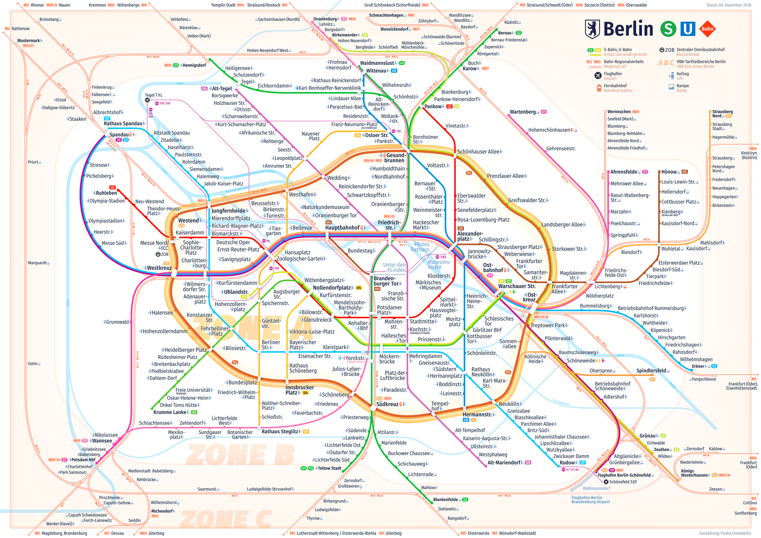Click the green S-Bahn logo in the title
pyautogui.click(x=668, y=29)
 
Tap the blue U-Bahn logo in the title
pyautogui.click(x=688, y=29)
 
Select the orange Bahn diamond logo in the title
pyautogui.click(x=707, y=29)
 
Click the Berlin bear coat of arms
pyautogui.click(x=592, y=29)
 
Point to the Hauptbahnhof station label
pyautogui.click(x=342, y=228)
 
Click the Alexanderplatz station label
pyautogui.click(x=470, y=236)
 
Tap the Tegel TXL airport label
pyautogui.click(x=153, y=95)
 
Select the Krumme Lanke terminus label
pyautogui.click(x=170, y=412)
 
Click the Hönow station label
pyautogui.click(x=668, y=172)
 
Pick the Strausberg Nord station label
pyautogui.click(x=722, y=114)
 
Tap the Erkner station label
pyautogui.click(x=698, y=366)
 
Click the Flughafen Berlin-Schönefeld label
pyautogui.click(x=624, y=475)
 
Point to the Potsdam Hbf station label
pyautogui.click(x=83, y=460)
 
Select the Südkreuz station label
pyautogui.click(x=387, y=404)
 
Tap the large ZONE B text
pyautogui.click(x=240, y=455)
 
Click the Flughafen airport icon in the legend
pyautogui.click(x=598, y=76)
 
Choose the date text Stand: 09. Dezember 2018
pyautogui.click(x=728, y=5)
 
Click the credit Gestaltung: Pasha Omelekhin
pyautogui.click(x=725, y=533)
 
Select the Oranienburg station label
pyautogui.click(x=325, y=19)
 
